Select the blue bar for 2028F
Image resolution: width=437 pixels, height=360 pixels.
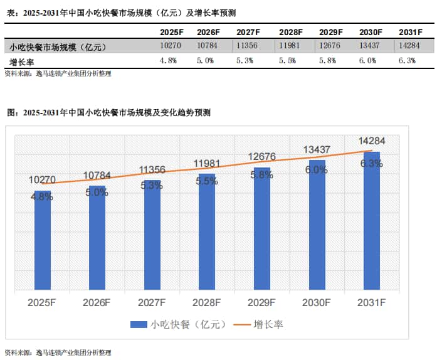[207, 232]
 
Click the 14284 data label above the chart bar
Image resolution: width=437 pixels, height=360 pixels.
[372, 141]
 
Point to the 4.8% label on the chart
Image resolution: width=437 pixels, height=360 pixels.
[42, 196]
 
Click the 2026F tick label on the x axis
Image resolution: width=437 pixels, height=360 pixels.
[97, 303]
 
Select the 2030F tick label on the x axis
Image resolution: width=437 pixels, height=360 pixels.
[317, 303]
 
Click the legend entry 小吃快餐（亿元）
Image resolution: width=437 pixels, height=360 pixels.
[176, 324]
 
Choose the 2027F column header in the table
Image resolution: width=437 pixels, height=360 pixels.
[249, 32]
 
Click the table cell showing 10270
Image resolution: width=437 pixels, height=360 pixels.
[170, 46]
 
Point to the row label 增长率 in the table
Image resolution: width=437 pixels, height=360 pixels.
[21, 61]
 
